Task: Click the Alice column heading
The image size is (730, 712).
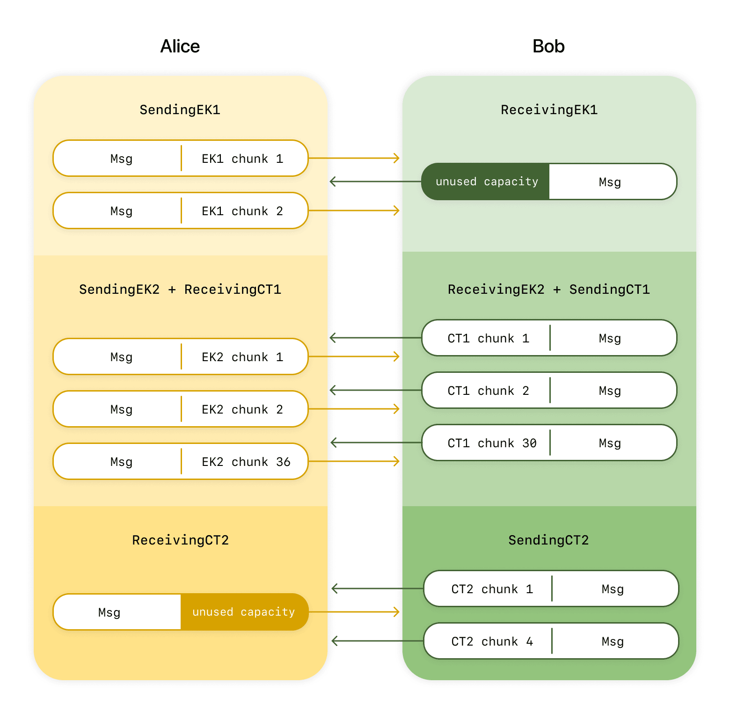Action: coord(180,46)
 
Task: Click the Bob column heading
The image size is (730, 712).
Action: coord(548,46)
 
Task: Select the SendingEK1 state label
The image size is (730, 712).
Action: coord(180,109)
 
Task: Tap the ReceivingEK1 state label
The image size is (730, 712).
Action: coord(549,109)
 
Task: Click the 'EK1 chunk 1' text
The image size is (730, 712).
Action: coord(242,159)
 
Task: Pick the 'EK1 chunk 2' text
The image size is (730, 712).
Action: coord(242,211)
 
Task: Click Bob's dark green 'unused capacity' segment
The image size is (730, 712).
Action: coord(487,182)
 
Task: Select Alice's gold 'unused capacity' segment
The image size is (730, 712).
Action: coord(243,612)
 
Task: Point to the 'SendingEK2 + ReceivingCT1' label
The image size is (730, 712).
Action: coord(180,289)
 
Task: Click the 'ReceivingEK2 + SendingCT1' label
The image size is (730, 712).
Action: coord(548,289)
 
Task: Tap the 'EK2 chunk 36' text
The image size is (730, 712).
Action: coord(246,462)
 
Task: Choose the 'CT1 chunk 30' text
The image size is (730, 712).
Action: coord(492,443)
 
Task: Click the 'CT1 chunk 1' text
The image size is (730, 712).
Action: coord(488,338)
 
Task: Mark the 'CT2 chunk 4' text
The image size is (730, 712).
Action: coord(492,641)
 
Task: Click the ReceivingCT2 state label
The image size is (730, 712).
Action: coord(180,540)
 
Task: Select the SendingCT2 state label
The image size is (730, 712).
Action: coord(548,540)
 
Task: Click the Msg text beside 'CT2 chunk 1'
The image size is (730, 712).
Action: coord(613,589)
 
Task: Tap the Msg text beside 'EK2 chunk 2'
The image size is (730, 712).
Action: coord(121,409)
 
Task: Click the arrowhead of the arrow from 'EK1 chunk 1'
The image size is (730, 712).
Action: coord(397,158)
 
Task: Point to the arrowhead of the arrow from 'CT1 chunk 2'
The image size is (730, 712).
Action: coord(333,390)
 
